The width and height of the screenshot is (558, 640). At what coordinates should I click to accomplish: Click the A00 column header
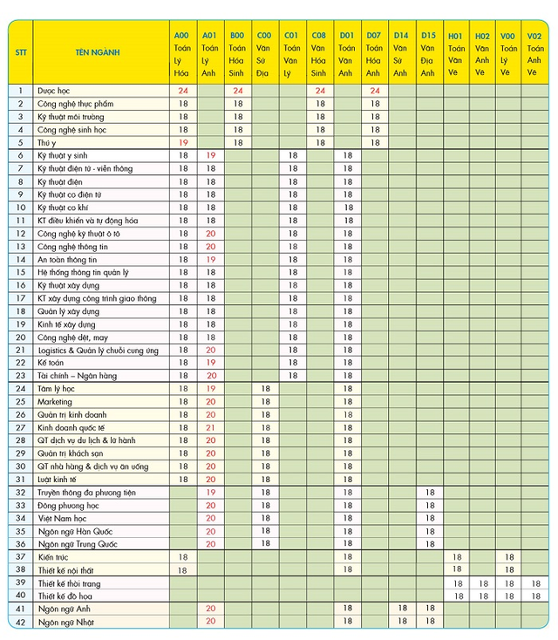tap(183, 52)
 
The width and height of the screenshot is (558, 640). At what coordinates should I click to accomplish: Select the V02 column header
tap(534, 52)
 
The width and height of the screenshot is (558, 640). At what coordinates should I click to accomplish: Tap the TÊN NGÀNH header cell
tap(98, 52)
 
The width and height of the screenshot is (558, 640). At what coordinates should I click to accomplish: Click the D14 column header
tap(400, 52)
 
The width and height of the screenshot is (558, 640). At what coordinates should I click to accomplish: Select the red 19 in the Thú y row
tap(183, 142)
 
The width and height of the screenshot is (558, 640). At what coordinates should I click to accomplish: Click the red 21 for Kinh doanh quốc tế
tap(210, 428)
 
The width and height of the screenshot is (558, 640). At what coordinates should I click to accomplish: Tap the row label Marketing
tap(54, 402)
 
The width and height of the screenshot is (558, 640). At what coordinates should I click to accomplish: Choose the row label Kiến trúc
tap(54, 556)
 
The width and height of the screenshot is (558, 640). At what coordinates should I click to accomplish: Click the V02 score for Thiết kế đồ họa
tap(534, 596)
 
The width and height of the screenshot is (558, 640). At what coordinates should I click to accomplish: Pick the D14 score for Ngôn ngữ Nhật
tap(400, 622)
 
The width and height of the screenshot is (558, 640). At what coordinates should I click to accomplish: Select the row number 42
tap(20, 622)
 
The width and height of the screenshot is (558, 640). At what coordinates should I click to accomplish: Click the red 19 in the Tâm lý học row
tap(210, 389)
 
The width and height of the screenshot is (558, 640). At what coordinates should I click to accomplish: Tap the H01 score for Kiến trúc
tap(454, 556)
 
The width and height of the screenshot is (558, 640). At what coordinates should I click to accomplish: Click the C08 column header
tap(319, 52)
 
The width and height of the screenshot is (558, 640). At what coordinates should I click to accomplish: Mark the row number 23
tap(20, 376)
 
